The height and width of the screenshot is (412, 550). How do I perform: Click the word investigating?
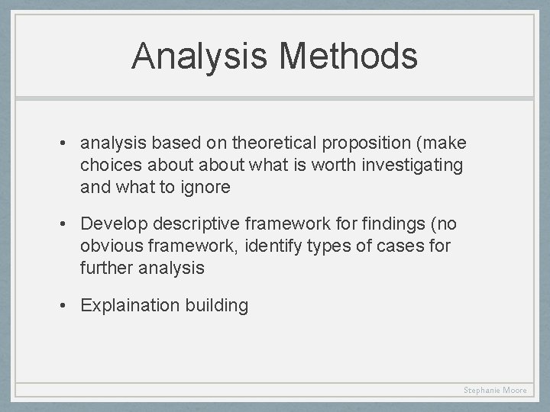(x=413, y=165)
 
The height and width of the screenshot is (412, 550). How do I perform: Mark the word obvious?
(x=111, y=246)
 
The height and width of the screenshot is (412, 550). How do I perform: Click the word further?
(x=105, y=267)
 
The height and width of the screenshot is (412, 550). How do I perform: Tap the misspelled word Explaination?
(x=130, y=306)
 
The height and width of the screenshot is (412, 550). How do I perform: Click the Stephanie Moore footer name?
(x=495, y=390)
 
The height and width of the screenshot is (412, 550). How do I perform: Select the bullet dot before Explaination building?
(x=68, y=306)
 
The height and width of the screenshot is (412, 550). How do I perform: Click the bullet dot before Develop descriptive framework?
(x=68, y=224)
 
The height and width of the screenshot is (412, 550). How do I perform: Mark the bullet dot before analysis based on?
(x=68, y=143)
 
